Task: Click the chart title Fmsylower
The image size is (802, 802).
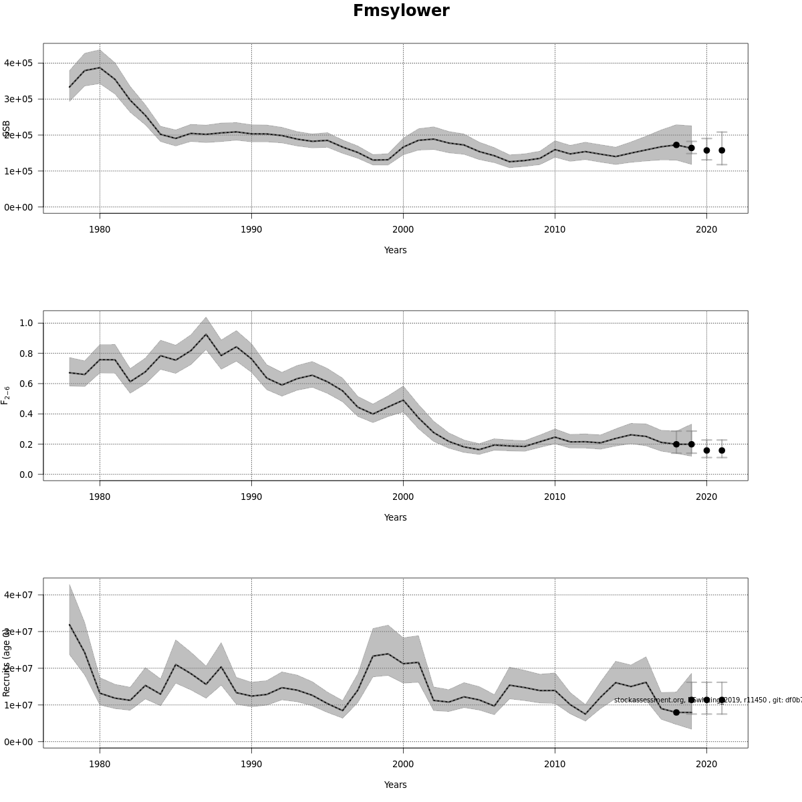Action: pos(401,11)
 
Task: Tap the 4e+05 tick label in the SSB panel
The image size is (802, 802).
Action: pos(18,63)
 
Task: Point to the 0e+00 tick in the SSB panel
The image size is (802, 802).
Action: pos(18,207)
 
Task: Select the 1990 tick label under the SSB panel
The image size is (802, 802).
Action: pos(251,229)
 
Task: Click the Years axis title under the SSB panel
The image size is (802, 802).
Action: pos(395,250)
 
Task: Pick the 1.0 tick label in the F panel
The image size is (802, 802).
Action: pos(27,323)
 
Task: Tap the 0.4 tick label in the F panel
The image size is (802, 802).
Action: pos(27,414)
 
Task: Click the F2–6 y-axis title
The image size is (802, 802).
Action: pos(5,394)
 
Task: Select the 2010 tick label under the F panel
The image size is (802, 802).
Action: pos(555,497)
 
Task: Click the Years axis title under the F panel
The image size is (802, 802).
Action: pos(395,517)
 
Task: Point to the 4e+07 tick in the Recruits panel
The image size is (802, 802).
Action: pos(18,595)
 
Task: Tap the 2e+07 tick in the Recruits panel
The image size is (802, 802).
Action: pos(18,668)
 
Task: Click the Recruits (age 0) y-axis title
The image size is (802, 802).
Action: pos(6,662)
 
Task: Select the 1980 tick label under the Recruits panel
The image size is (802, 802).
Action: pos(100,764)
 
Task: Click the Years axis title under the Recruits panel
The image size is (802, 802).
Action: pos(395,785)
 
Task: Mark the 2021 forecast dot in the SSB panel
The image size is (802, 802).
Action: pos(722,150)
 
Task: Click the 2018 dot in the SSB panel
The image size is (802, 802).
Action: pos(676,145)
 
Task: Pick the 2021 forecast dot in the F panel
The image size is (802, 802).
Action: pos(722,450)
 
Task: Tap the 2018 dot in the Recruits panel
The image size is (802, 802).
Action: pos(676,712)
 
